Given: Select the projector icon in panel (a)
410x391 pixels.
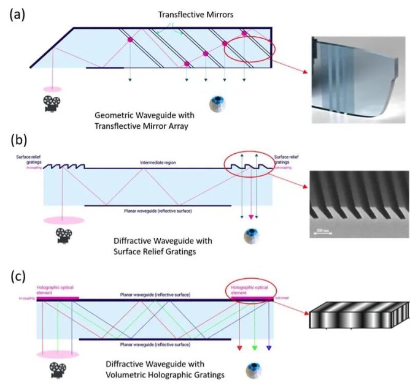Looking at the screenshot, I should pos(52,104).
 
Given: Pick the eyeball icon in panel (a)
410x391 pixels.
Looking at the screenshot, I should pos(217,105).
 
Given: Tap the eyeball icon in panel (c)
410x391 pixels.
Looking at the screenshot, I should pos(252,370).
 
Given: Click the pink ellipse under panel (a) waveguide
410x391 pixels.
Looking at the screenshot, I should pos(52,89).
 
